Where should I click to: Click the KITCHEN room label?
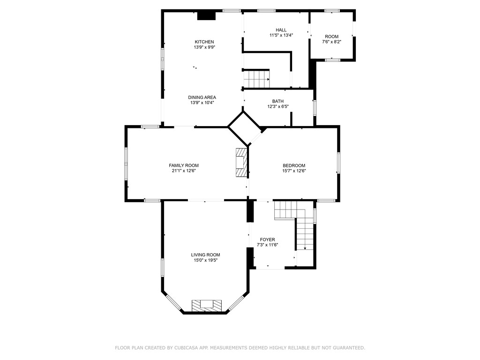click(x=204, y=42)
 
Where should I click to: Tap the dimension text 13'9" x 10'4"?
click(x=203, y=103)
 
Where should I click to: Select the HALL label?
click(x=281, y=30)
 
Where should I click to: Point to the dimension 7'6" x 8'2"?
click(x=331, y=42)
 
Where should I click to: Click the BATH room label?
click(x=277, y=101)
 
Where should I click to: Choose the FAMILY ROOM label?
click(x=184, y=165)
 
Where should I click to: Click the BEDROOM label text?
click(x=294, y=165)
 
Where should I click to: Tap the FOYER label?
click(x=267, y=240)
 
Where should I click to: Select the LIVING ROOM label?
click(x=205, y=255)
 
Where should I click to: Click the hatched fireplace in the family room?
click(x=241, y=163)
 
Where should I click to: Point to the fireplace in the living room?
click(x=206, y=305)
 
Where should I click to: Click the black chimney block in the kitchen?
click(x=206, y=15)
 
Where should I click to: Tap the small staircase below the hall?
click(x=256, y=79)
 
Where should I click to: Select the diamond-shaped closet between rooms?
click(x=244, y=128)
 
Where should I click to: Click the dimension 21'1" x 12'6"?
click(x=184, y=171)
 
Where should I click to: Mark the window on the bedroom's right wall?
click(x=338, y=163)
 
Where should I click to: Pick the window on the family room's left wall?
click(x=126, y=163)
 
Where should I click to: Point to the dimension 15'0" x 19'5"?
click(x=205, y=261)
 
